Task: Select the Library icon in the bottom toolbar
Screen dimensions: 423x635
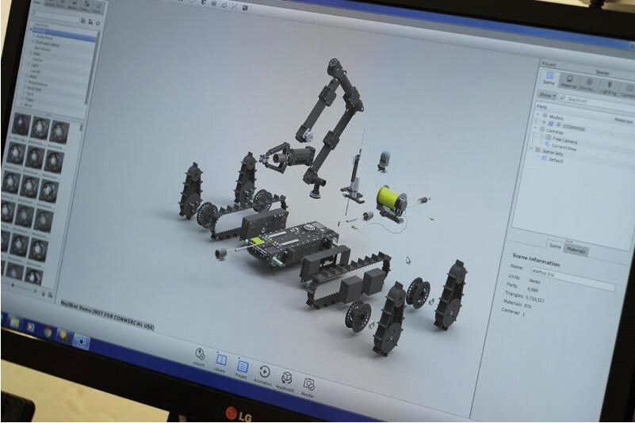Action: pyautogui.click(x=221, y=364)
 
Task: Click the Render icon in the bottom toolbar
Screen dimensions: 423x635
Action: pyautogui.click(x=308, y=386)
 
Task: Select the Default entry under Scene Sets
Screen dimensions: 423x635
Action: pyautogui.click(x=556, y=159)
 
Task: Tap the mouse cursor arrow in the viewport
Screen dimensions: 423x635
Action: pyautogui.click(x=408, y=259)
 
